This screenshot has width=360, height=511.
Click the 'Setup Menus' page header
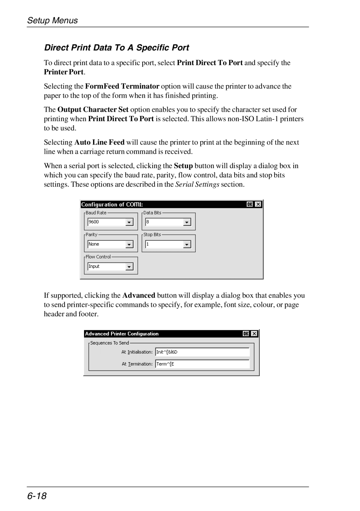tap(52, 21)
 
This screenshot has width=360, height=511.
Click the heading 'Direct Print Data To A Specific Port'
tap(117, 48)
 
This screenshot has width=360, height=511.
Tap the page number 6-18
tap(37, 496)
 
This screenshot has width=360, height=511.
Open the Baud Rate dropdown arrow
tap(129, 222)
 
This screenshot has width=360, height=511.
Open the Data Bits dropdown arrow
tap(187, 222)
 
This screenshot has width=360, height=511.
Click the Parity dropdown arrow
tap(129, 244)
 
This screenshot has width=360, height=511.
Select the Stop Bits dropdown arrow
tap(187, 244)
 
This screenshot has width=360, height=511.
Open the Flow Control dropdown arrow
tap(129, 267)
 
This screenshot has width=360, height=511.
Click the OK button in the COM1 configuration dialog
tap(250, 204)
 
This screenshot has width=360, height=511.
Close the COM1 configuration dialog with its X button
tap(258, 204)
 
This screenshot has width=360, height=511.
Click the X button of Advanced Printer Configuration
tap(254, 334)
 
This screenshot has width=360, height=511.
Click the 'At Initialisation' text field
tap(202, 352)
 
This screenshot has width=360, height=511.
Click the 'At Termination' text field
tap(202, 364)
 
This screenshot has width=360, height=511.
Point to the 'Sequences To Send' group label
tap(109, 343)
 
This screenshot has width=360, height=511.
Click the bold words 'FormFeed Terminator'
tap(122, 86)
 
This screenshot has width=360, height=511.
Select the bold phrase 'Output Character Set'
tap(93, 110)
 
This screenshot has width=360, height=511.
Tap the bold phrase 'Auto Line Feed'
tap(99, 142)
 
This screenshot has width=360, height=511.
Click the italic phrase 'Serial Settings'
tap(197, 184)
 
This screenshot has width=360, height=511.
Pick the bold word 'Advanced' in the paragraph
tap(139, 296)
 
